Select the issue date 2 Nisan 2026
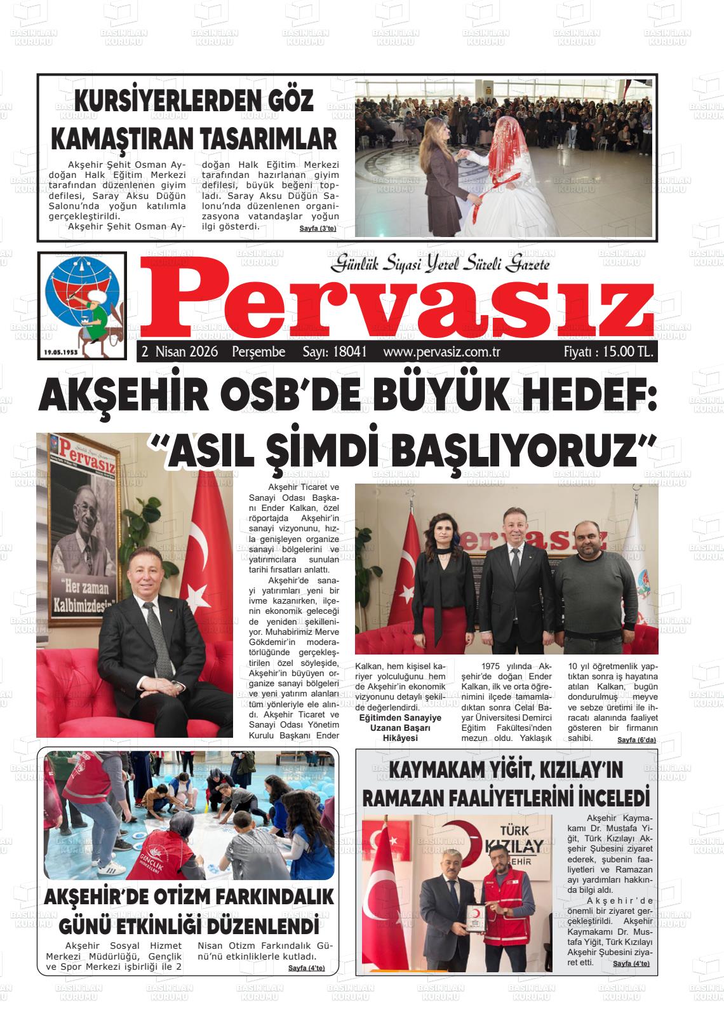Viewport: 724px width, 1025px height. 180,352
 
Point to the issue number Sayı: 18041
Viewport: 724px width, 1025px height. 334,352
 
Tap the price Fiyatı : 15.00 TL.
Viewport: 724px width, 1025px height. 608,352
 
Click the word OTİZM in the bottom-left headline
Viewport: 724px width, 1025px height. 185,897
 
